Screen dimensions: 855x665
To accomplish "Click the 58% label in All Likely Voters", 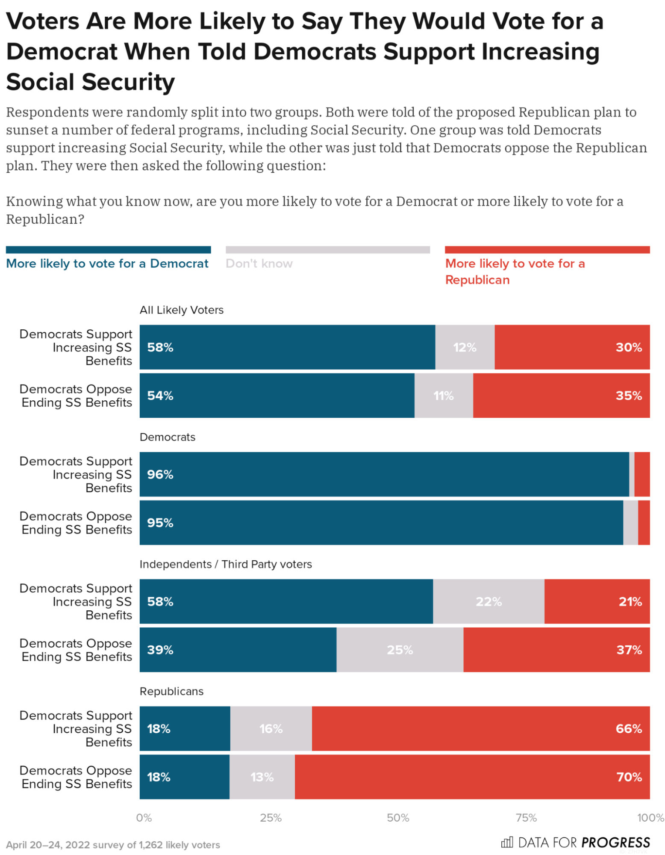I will point(160,347).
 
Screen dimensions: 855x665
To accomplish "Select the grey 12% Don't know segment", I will point(464,347).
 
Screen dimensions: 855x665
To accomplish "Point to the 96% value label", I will point(160,474).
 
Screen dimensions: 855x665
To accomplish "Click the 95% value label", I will point(160,522).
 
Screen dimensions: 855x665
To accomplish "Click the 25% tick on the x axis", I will point(271,817).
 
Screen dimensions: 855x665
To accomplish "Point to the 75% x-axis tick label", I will point(526,817).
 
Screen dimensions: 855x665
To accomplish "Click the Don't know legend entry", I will point(259,263).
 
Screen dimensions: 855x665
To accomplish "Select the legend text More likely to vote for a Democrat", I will point(107,263).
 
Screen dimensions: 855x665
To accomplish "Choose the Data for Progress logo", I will point(575,842).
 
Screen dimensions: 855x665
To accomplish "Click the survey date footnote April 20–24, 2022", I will point(113,844).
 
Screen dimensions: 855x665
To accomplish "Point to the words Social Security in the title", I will point(91,82).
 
